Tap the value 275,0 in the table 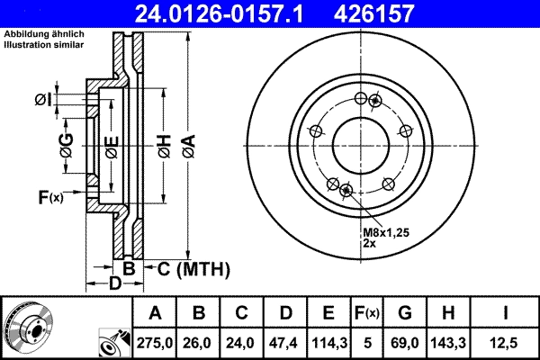click(x=155, y=342)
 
